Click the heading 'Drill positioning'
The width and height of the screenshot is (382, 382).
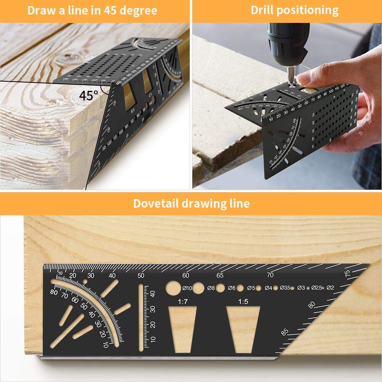click(294, 10)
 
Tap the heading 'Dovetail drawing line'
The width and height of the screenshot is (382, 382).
click(191, 203)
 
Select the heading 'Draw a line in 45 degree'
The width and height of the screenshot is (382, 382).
click(92, 10)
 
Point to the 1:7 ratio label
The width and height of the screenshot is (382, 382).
click(183, 301)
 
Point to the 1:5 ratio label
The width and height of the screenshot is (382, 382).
click(243, 301)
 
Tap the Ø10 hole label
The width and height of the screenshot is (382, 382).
click(187, 288)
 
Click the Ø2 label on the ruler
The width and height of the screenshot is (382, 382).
click(330, 288)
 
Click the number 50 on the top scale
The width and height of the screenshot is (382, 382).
click(141, 276)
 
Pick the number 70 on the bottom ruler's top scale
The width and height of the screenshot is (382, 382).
click(270, 275)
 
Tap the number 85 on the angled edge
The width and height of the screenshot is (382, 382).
click(285, 332)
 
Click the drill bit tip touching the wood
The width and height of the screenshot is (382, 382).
click(291, 81)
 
